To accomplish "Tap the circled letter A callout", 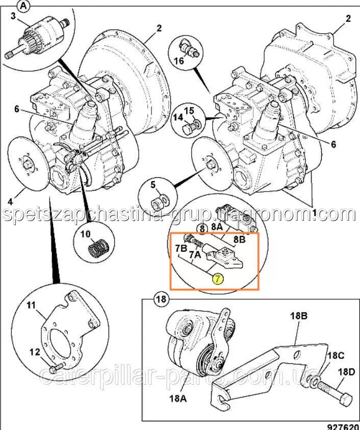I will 23,6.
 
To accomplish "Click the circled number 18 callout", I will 161,299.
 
